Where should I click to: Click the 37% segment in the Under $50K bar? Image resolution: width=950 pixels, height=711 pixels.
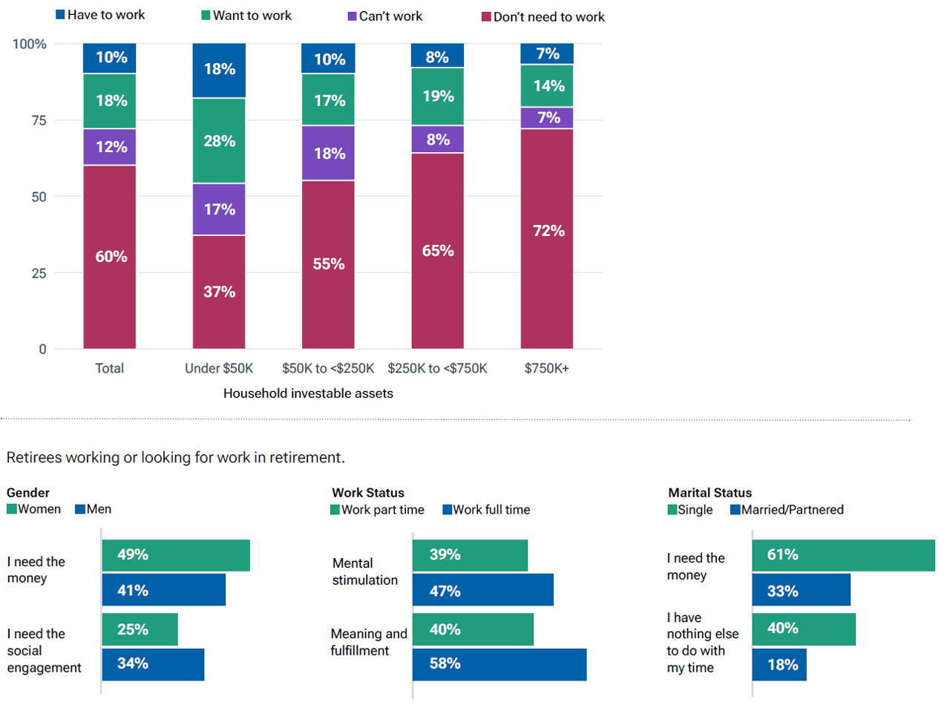(219, 292)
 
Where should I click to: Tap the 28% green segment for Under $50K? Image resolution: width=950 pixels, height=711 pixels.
(219, 140)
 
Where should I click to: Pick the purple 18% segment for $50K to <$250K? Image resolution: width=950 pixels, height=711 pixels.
(328, 153)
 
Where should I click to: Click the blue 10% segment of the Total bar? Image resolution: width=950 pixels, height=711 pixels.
(110, 58)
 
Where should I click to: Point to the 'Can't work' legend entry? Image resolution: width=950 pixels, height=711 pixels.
(385, 16)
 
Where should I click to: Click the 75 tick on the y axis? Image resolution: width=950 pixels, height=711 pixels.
(39, 120)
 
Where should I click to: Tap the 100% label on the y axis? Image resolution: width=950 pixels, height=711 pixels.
(30, 45)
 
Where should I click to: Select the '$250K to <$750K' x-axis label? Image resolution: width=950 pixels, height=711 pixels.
(437, 368)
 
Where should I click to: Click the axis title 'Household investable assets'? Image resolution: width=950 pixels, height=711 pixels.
(308, 393)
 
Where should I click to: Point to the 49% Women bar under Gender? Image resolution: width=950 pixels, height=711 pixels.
(176, 555)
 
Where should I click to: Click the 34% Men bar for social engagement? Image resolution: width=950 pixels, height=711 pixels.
(153, 664)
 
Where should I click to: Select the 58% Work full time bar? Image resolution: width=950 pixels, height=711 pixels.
(499, 664)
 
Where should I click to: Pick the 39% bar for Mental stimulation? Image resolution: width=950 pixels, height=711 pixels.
(470, 555)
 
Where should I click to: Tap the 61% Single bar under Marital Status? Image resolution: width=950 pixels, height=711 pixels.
(843, 555)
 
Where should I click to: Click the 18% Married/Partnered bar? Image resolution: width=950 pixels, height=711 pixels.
(779, 665)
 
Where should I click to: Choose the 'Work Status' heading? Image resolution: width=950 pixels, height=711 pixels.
(368, 493)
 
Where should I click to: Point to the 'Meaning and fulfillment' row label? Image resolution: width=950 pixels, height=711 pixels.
(369, 642)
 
